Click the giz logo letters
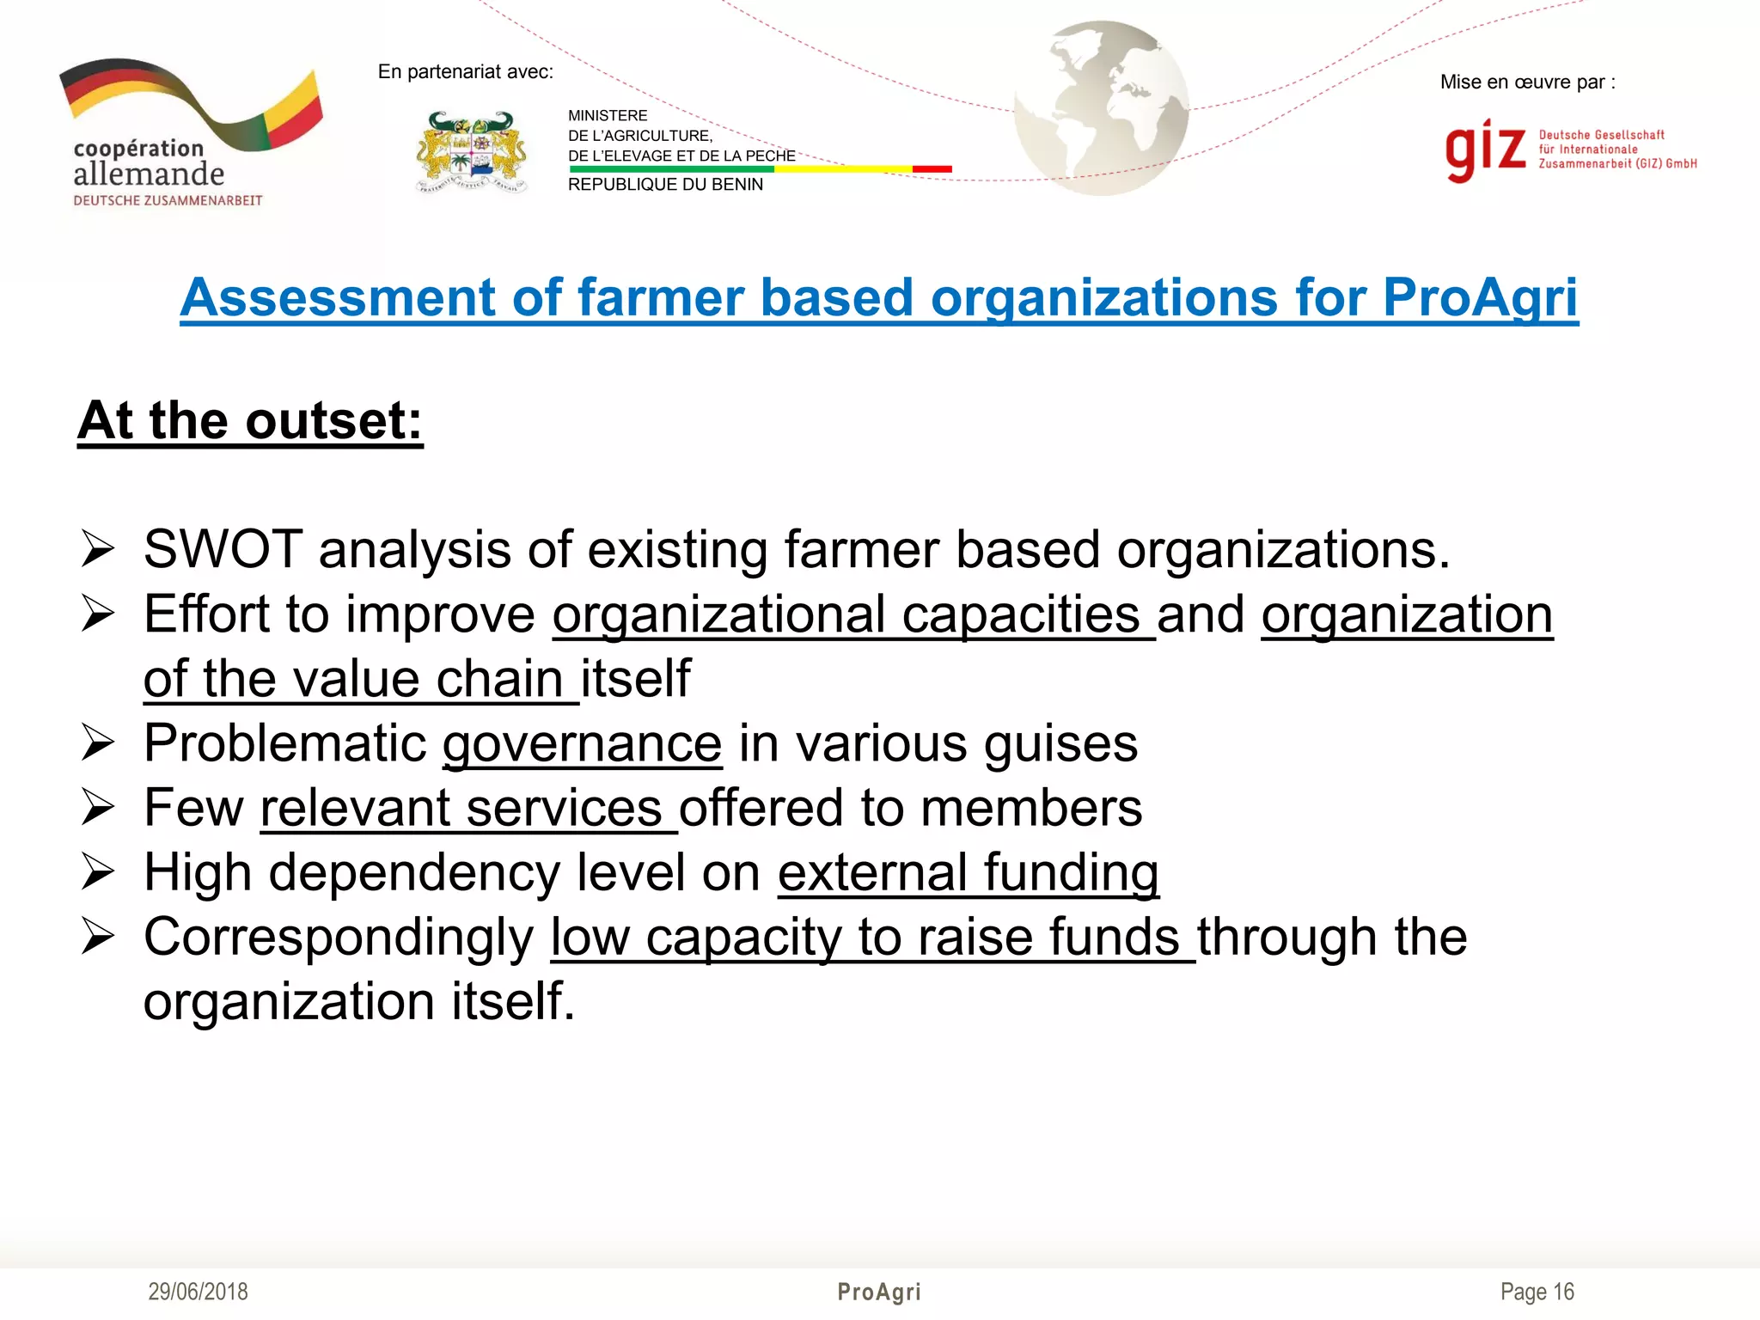pos(1485,150)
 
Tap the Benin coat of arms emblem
pos(471,152)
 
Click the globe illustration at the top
pos(1102,107)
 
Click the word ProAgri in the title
pos(1480,298)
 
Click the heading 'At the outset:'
pos(250,421)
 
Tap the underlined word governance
pos(582,743)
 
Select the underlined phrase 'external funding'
pos(969,872)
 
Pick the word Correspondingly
pos(339,937)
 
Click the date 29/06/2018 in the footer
pos(198,1292)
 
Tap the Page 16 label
pos(1537,1292)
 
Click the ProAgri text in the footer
pos(879,1292)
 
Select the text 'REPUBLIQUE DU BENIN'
pos(665,185)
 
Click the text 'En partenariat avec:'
pos(465,72)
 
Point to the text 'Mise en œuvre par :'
pos(1527,82)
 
